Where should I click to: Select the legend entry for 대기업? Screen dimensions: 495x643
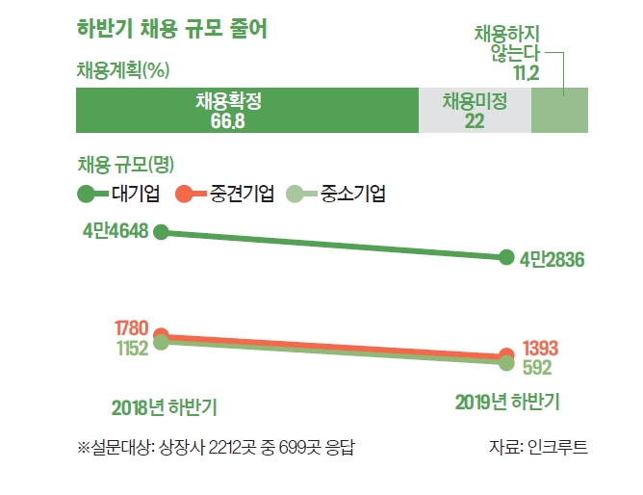119,195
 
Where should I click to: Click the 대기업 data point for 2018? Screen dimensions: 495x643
162,231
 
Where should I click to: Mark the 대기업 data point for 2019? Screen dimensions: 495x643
507,257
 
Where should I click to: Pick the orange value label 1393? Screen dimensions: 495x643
541,348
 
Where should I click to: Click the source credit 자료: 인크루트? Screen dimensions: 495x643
539,447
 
